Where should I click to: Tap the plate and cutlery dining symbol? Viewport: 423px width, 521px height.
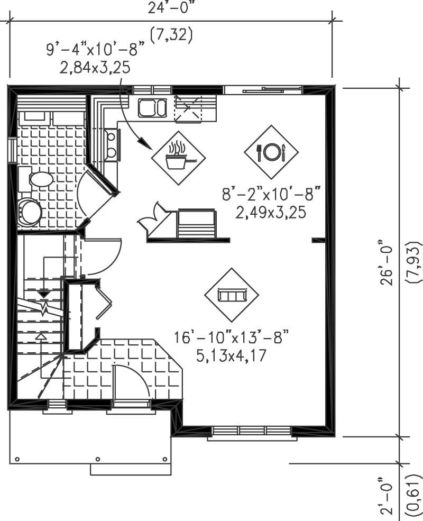pos(271,152)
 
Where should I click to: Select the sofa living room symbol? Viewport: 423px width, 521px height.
pos(232,295)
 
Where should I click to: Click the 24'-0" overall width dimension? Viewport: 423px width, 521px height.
pos(171,6)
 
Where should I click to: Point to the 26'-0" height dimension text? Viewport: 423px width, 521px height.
pos(389,264)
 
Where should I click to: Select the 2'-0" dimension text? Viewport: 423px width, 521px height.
pos(389,495)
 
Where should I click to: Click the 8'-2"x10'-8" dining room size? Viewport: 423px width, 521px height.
pos(271,195)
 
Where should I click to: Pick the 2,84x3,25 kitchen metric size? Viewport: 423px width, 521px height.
pos(96,67)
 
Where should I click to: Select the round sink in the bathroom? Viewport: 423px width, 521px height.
pos(30,212)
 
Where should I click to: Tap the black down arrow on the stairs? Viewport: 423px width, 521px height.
pos(43,293)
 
